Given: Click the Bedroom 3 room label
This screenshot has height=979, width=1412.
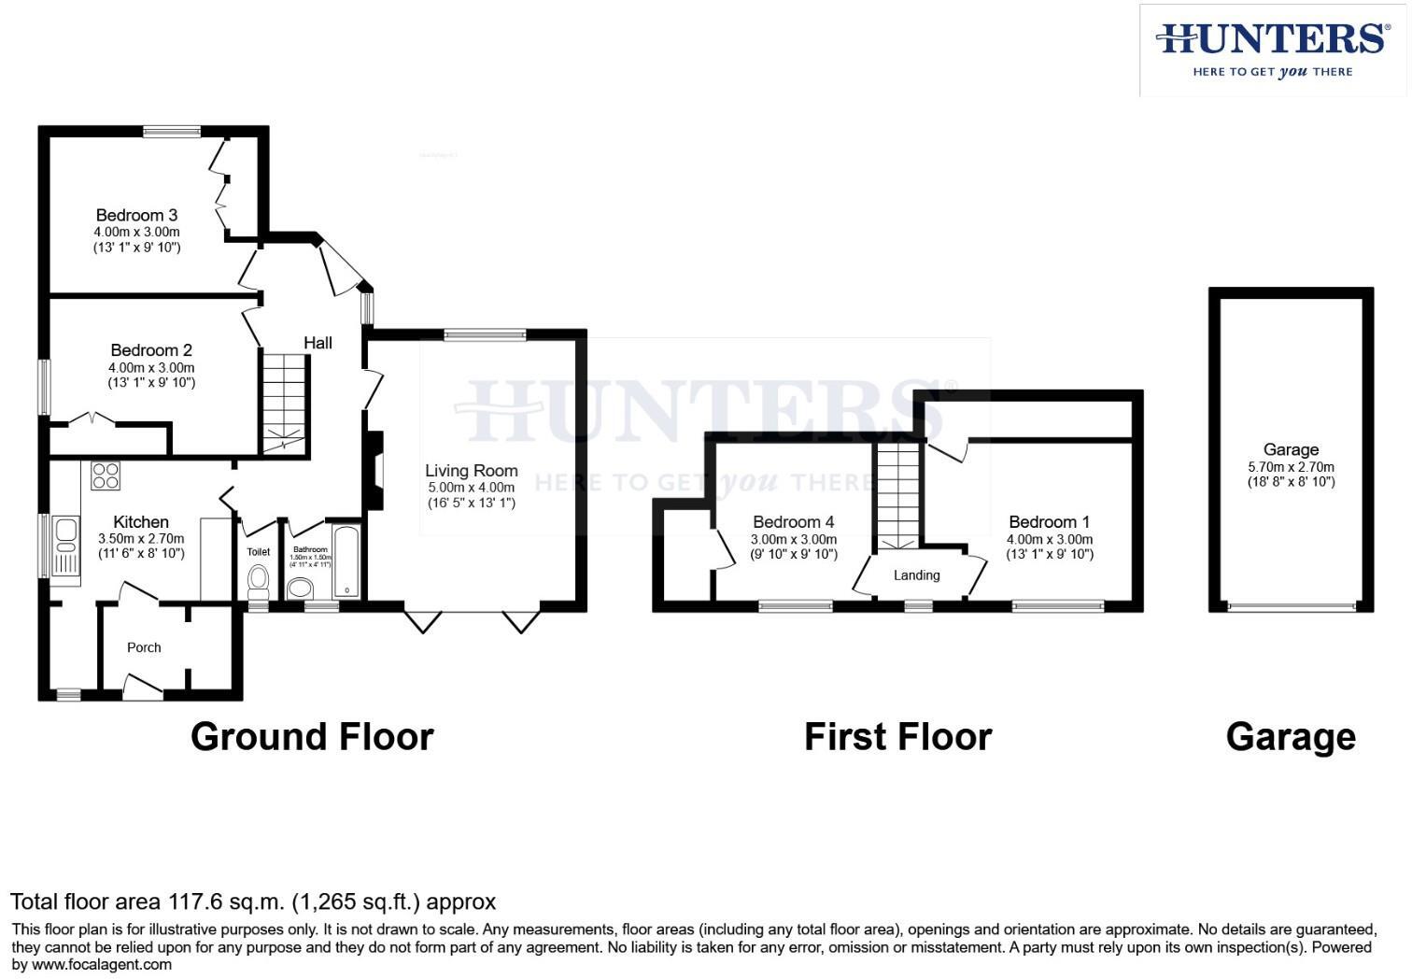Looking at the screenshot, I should coord(136,216).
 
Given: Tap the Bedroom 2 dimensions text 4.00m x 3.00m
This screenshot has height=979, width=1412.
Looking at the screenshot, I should coord(151,367).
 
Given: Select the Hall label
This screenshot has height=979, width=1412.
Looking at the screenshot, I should coord(318,343).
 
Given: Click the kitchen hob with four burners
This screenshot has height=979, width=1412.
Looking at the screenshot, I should coord(106,476).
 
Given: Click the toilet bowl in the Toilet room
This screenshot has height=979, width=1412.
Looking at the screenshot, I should coord(258,582).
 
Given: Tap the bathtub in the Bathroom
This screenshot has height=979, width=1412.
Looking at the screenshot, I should coord(346,561).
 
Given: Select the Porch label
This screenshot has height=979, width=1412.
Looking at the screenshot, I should coord(144,647).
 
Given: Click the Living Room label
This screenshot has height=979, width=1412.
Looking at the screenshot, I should coord(471,471).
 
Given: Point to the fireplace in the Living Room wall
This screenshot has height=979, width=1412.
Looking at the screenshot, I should coord(374,470).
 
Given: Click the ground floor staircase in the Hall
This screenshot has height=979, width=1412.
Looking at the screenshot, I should coord(283,403).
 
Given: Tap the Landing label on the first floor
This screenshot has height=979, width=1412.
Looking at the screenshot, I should coord(916,575).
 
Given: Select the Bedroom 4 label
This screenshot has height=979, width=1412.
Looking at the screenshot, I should coord(793,522).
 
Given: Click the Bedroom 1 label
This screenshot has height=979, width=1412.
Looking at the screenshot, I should coord(1049,522).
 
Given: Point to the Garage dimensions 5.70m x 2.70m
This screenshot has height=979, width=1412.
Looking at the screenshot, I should coord(1291,467).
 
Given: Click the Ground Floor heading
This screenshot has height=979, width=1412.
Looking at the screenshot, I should coord(312,737).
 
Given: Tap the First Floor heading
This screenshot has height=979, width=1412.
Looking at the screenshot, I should coord(897,737).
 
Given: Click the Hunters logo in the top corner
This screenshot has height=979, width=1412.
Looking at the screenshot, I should coord(1272,50).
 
